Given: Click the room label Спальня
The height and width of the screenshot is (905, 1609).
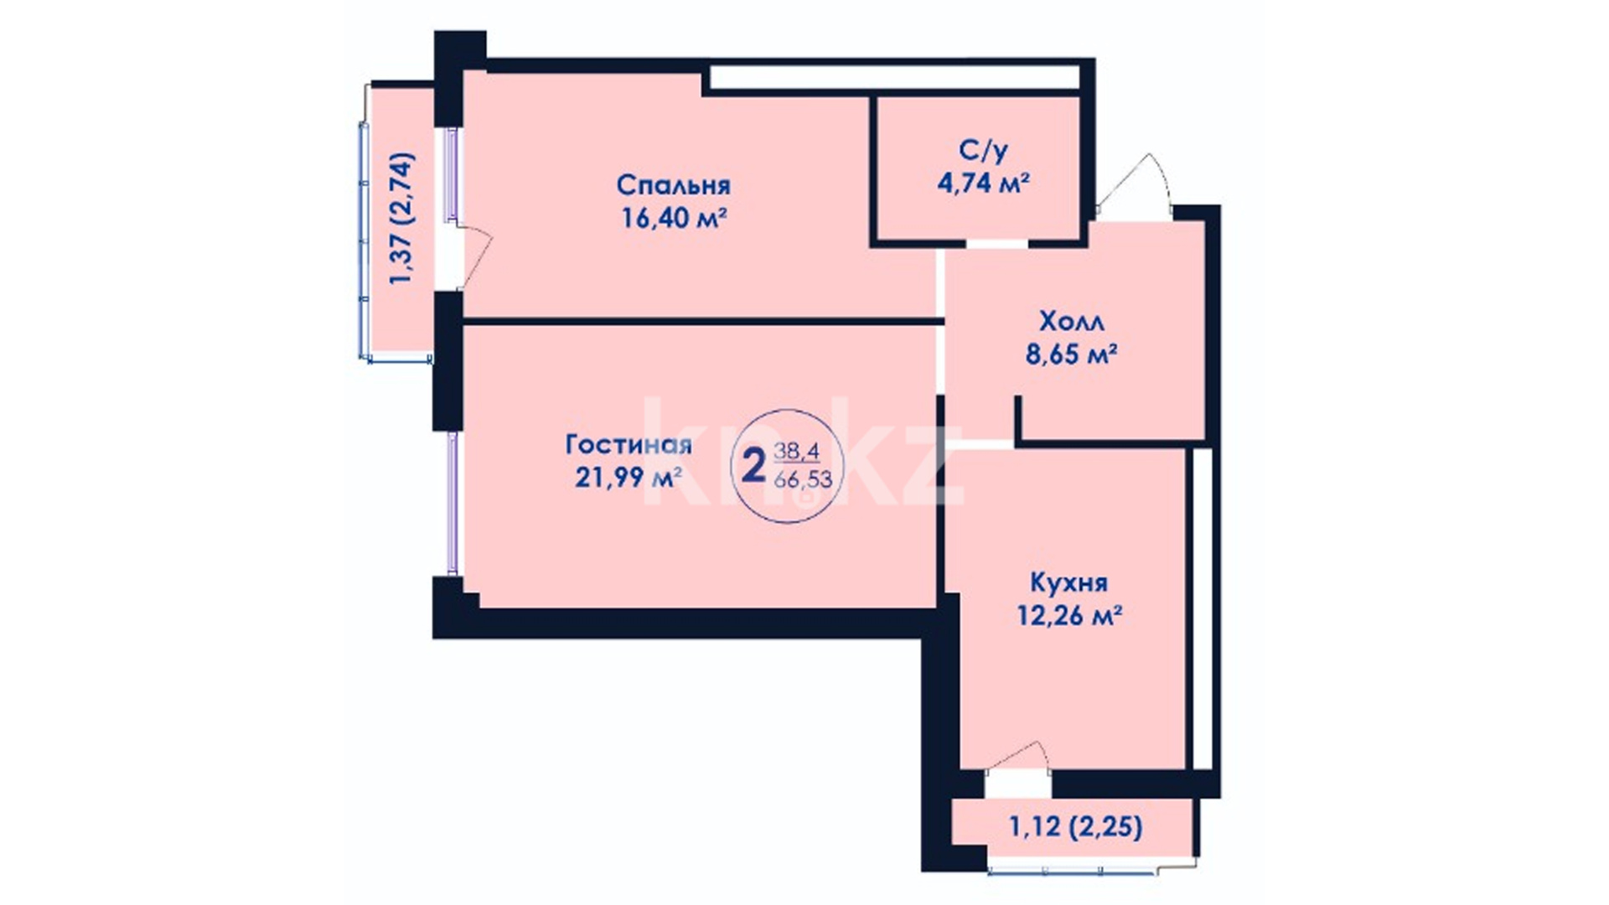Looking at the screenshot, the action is [674, 184].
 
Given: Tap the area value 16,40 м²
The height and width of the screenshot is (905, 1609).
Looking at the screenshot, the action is [673, 218].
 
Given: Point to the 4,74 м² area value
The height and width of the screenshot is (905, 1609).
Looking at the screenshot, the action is [983, 183].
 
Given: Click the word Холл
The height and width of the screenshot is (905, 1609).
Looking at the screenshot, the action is [1072, 321].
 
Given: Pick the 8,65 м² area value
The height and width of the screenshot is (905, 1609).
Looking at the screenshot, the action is [1072, 354].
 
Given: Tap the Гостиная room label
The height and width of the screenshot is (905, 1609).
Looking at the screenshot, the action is [629, 444].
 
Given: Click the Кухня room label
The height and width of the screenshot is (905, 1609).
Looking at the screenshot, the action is [1068, 582].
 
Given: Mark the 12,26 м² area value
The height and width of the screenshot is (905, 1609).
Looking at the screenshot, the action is [1070, 616].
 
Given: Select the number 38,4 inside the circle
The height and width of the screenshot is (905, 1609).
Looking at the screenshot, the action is [797, 452].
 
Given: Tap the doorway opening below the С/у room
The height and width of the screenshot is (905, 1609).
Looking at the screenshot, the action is [996, 245].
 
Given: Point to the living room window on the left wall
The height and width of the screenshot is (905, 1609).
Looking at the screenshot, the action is [453, 503].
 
